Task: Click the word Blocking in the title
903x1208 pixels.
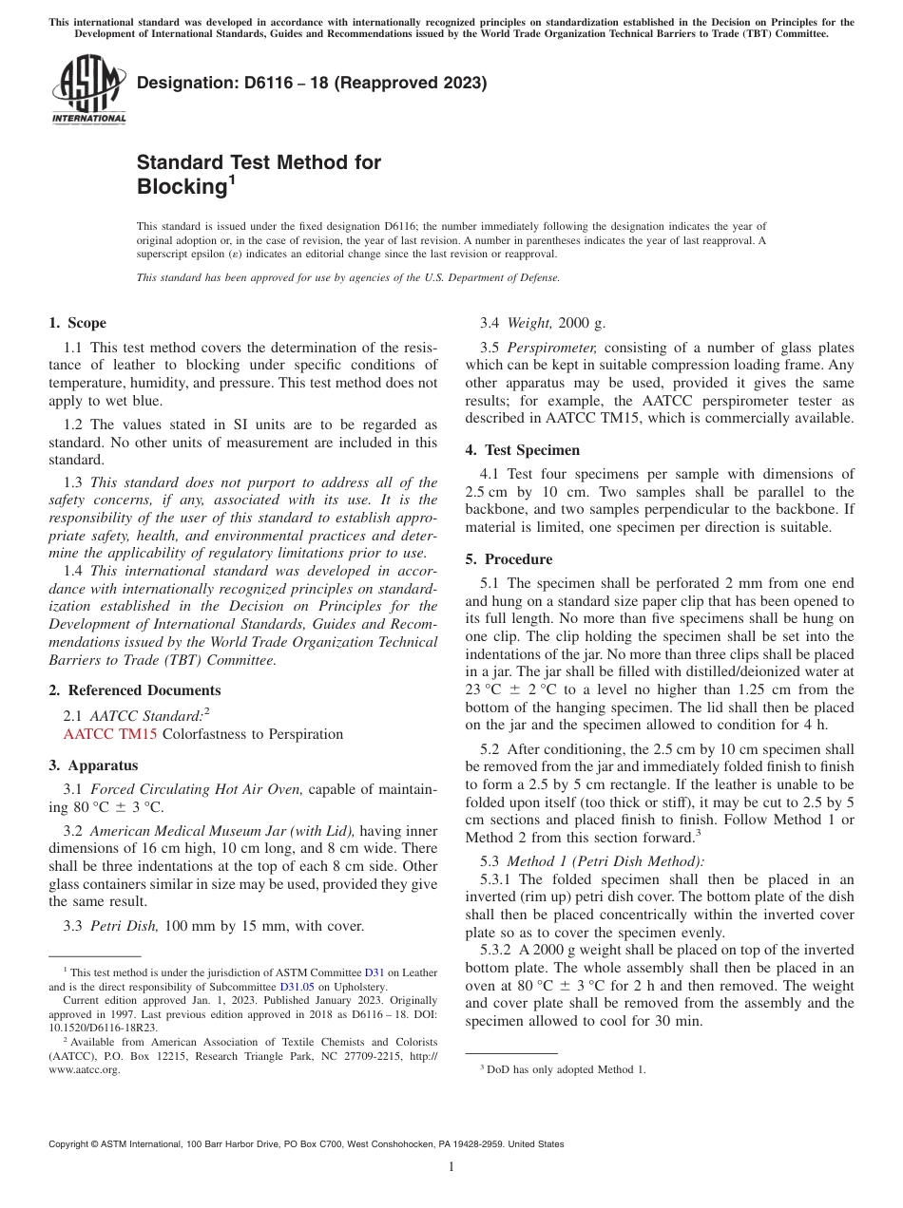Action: [x=180, y=187]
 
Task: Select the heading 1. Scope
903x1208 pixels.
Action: [x=77, y=323]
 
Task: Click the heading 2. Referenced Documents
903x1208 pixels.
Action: [x=134, y=690]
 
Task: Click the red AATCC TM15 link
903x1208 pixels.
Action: [x=110, y=734]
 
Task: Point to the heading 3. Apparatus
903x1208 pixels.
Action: [x=93, y=765]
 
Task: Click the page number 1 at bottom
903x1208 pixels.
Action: [x=451, y=1167]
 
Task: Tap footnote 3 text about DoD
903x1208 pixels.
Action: [x=566, y=1069]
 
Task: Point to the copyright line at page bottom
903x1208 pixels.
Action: [x=305, y=1144]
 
